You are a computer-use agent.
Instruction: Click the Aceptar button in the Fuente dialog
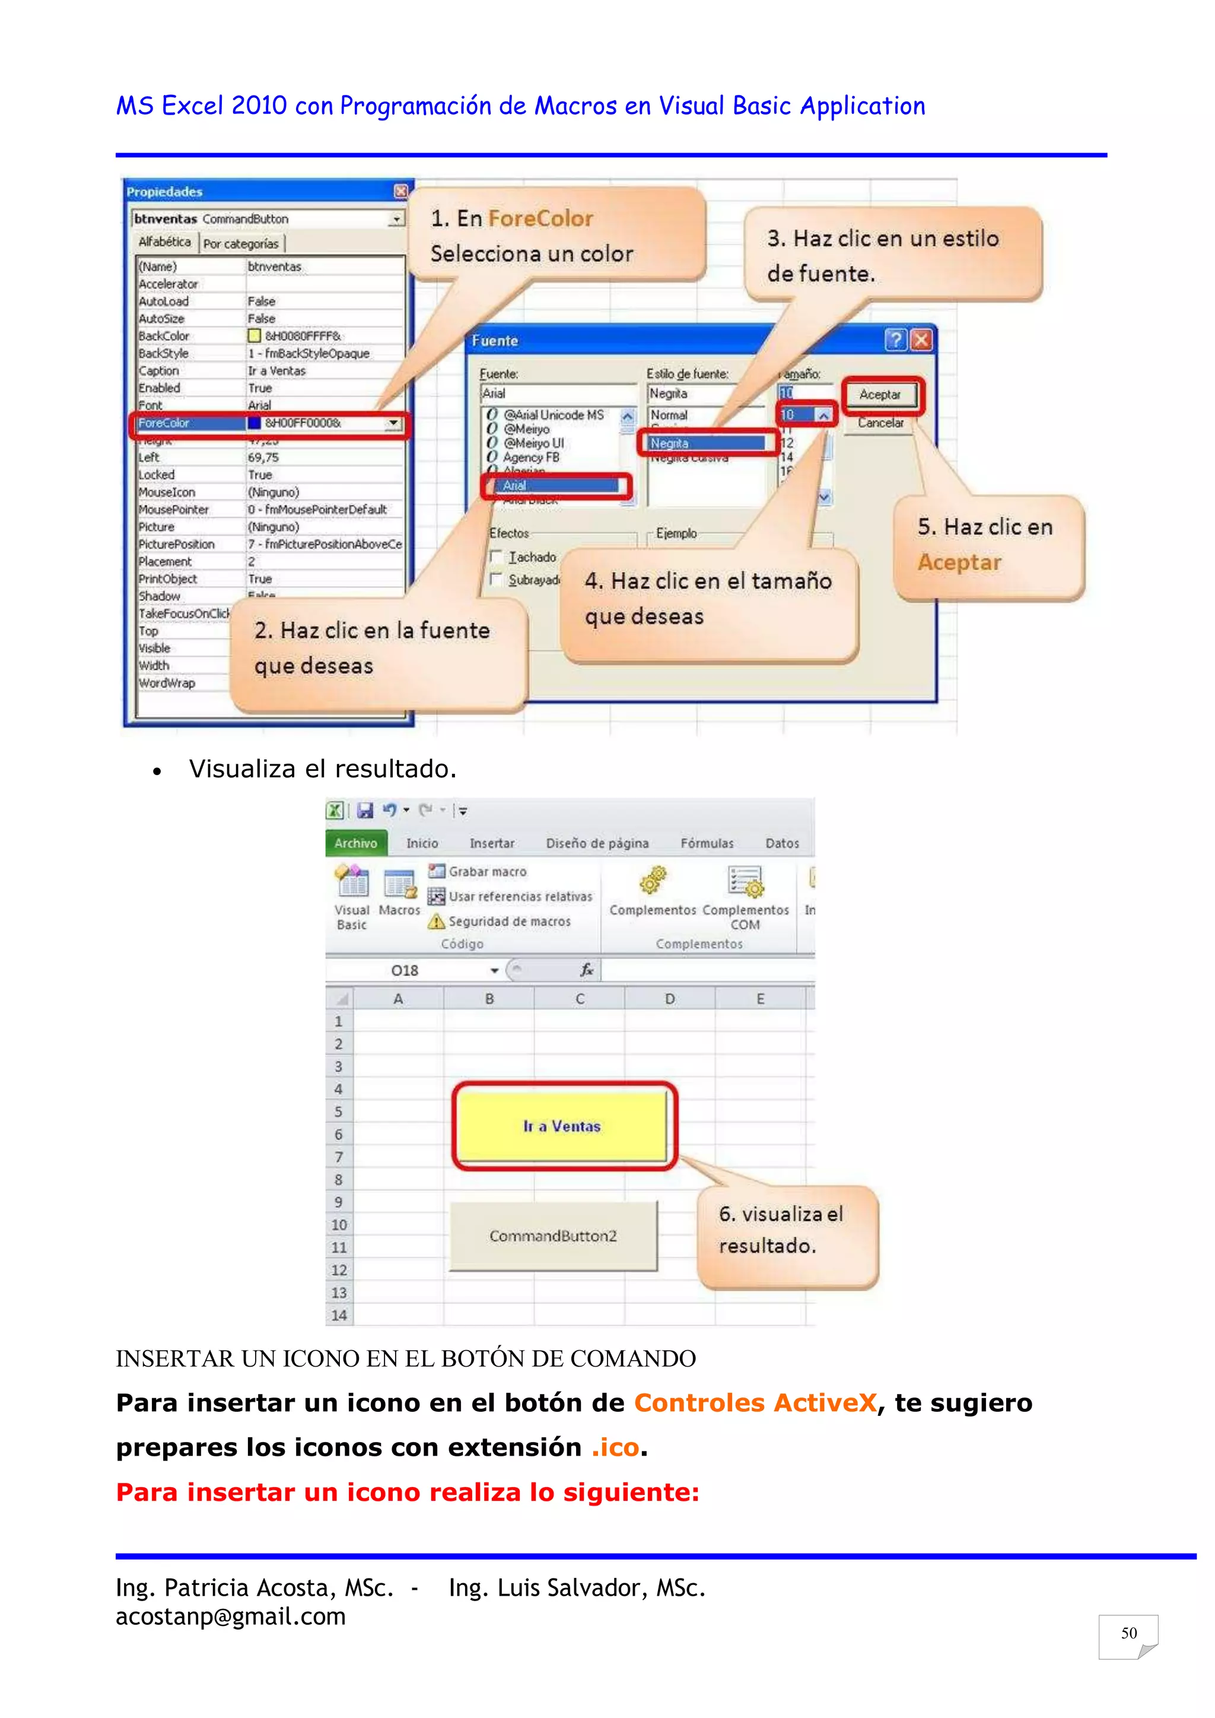pyautogui.click(x=880, y=395)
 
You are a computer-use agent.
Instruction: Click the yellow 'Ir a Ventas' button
pyautogui.click(x=561, y=1126)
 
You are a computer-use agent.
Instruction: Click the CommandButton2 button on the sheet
pyautogui.click(x=553, y=1236)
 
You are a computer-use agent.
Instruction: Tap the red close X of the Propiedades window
pyautogui.click(x=402, y=192)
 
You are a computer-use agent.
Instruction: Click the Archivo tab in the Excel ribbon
pyautogui.click(x=356, y=843)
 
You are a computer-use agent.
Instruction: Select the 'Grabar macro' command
pyautogui.click(x=486, y=872)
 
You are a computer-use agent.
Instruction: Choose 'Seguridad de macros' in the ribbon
pyautogui.click(x=509, y=922)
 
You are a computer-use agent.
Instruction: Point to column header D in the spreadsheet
pyautogui.click(x=670, y=999)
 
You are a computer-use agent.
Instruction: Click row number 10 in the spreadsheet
pyautogui.click(x=339, y=1225)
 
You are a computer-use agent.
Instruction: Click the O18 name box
pyautogui.click(x=405, y=970)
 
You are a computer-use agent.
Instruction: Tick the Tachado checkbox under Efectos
pyautogui.click(x=495, y=557)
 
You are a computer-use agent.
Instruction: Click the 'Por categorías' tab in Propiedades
pyautogui.click(x=241, y=244)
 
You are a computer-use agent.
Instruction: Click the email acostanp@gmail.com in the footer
pyautogui.click(x=230, y=1617)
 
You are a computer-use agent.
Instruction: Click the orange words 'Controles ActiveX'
pyautogui.click(x=755, y=1402)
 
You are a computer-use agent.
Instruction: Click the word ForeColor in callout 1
pyautogui.click(x=540, y=218)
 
